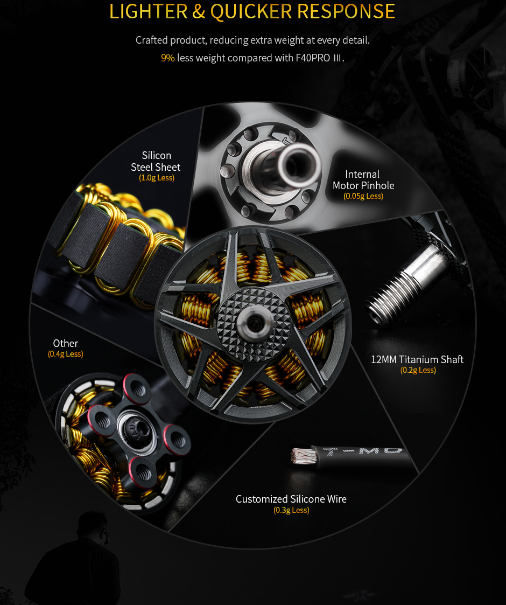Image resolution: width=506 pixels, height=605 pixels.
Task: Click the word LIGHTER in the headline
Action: [x=149, y=11]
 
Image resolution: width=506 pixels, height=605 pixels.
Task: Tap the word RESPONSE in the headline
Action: [x=346, y=11]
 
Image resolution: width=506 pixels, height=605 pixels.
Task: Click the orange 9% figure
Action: [x=168, y=58]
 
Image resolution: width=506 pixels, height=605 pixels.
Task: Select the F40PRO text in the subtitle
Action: [x=313, y=58]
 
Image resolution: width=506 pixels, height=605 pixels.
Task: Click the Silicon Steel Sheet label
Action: [x=156, y=161]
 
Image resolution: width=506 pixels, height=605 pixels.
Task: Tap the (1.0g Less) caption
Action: [x=157, y=178]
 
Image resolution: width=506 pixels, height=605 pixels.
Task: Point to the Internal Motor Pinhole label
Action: [x=363, y=180]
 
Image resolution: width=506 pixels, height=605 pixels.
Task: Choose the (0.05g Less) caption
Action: [x=363, y=196]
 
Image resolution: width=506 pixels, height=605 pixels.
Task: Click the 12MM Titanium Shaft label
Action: [x=417, y=359]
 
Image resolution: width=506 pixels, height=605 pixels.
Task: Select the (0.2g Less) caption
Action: [x=418, y=370]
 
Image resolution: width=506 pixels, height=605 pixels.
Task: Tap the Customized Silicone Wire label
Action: [x=291, y=499]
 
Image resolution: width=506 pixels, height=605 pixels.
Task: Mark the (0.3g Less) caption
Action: [x=292, y=510]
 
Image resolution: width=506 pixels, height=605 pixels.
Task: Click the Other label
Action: [x=66, y=343]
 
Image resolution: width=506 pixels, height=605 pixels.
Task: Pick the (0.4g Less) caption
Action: [x=66, y=354]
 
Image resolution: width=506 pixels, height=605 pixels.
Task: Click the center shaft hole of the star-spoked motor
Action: [x=254, y=324]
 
